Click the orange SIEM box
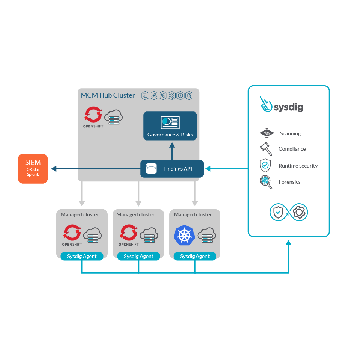pos(33,168)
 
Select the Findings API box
pos(172,169)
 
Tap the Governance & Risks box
pos(170,126)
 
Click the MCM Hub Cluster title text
pos(108,95)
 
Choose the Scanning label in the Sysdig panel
pos(290,133)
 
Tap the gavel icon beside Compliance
pos(265,148)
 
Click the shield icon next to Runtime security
pos(265,165)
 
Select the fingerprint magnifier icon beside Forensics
pos(265,181)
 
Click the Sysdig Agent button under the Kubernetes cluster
pos(195,256)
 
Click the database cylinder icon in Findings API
pos(151,169)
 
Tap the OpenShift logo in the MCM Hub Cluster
pos(93,116)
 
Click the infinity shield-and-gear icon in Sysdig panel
pos(288,213)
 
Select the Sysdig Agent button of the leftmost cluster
pos(82,256)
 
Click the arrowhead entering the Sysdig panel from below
pos(288,243)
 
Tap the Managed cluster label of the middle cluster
pos(135,214)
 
